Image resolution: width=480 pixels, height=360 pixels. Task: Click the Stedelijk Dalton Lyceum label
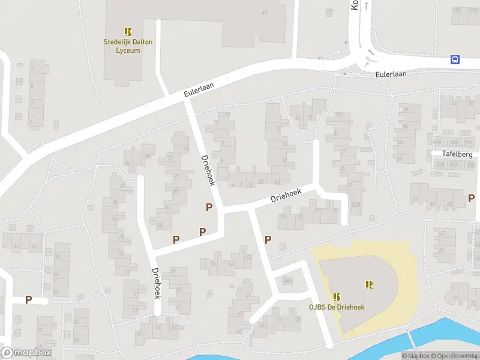point(128,46)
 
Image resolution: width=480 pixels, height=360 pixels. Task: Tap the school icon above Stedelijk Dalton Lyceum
point(128,31)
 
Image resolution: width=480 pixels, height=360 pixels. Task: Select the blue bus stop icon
point(455,59)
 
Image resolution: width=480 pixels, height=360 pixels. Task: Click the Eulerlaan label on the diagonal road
point(199,90)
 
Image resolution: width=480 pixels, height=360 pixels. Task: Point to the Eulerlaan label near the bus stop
point(391,74)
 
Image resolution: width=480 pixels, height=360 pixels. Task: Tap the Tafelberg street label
point(457,154)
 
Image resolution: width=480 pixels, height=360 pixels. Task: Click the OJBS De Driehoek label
point(337,307)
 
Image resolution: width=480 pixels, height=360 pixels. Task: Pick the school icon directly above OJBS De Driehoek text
point(337,296)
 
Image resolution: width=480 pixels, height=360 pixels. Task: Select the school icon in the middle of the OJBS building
point(369,284)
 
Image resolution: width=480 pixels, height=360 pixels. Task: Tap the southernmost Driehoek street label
point(157,283)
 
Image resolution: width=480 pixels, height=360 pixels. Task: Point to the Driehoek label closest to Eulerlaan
point(208,170)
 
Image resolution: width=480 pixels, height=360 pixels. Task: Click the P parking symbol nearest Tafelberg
point(471,197)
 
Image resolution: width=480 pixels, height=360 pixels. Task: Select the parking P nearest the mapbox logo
point(28,299)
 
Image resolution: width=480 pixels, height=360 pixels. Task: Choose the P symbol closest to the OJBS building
point(268,239)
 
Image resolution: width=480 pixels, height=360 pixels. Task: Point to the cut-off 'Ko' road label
point(354,5)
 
